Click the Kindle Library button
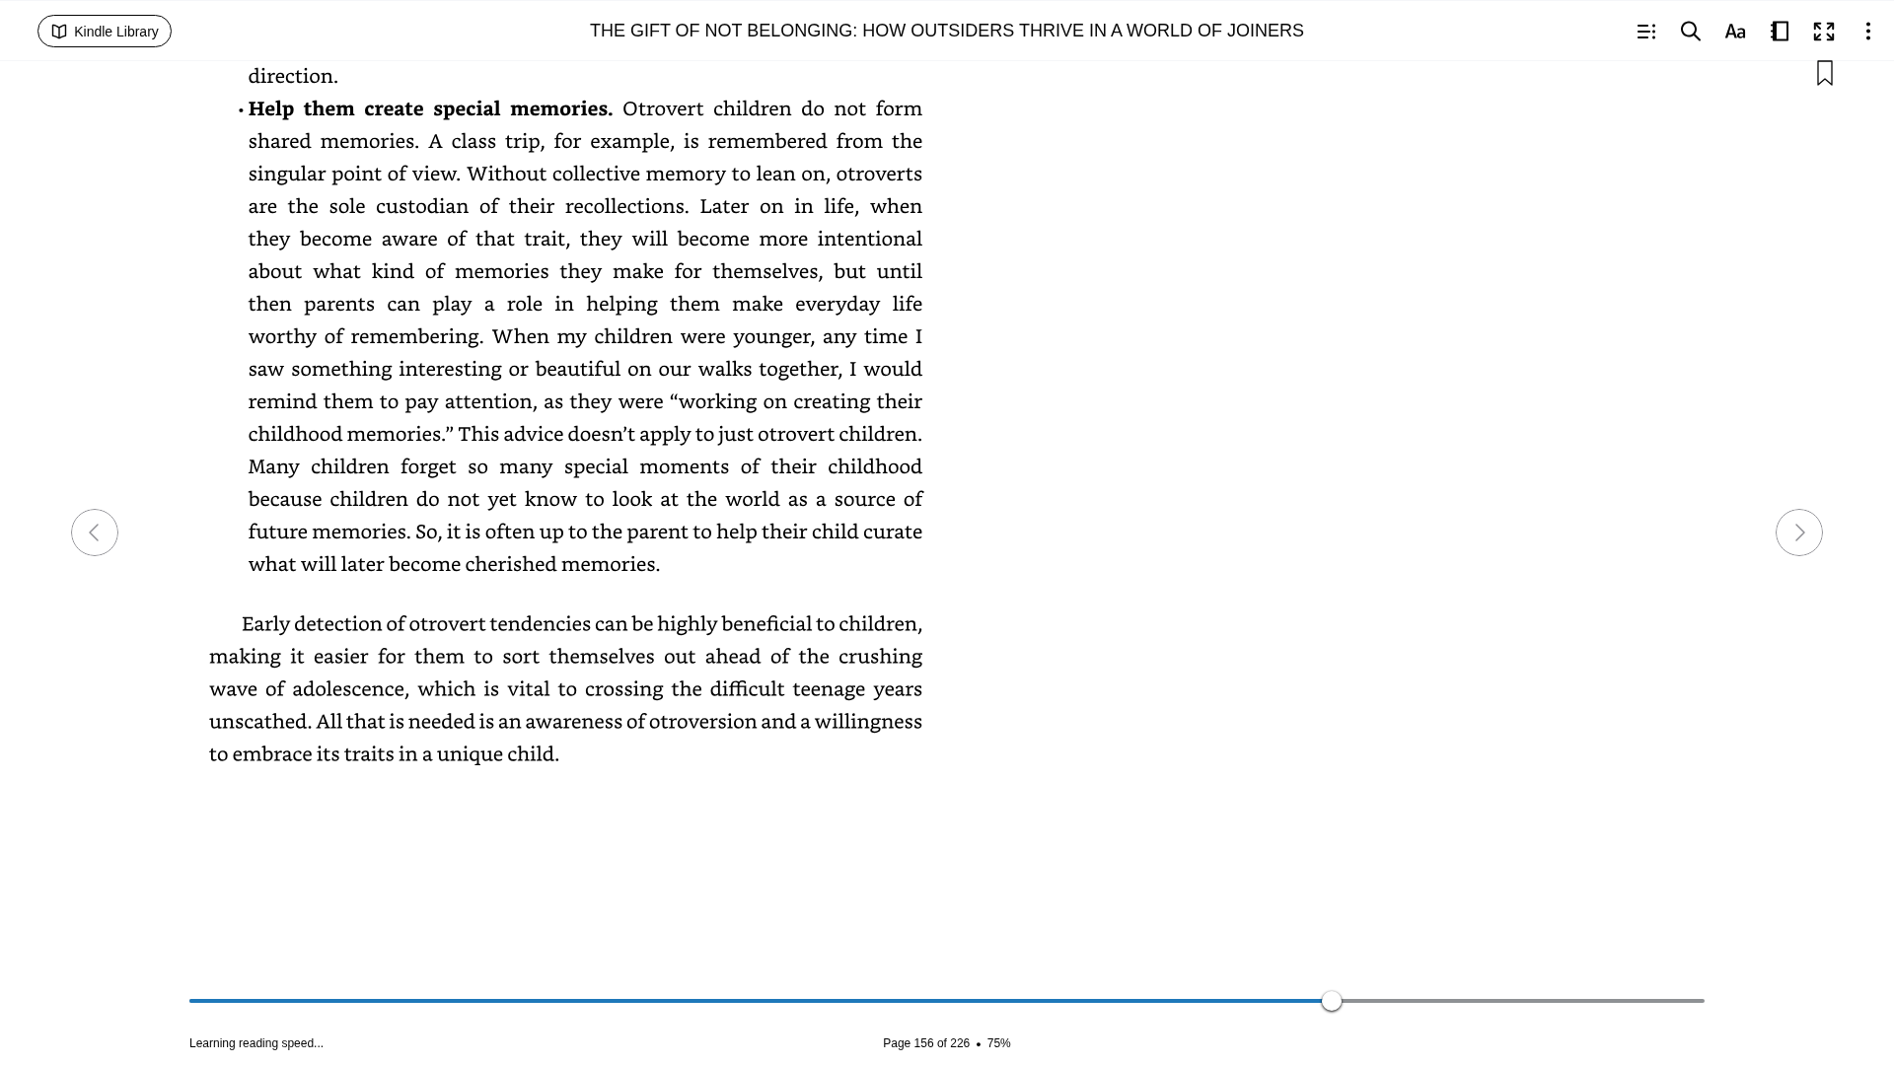coord(105,32)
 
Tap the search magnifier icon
coord(1691,32)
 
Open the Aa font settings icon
coord(1735,32)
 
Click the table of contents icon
coord(1646,32)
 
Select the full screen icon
coord(1824,32)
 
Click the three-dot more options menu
coord(1868,32)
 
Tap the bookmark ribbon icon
coord(1825,73)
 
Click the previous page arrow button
coord(95,532)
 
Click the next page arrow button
coord(1799,532)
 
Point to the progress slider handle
coord(1332,1001)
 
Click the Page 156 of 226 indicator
coord(925,1043)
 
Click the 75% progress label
coord(999,1043)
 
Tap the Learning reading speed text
coord(256,1043)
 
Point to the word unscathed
coord(258,721)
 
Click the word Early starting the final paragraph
coord(264,623)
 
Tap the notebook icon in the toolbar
coord(1780,32)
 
